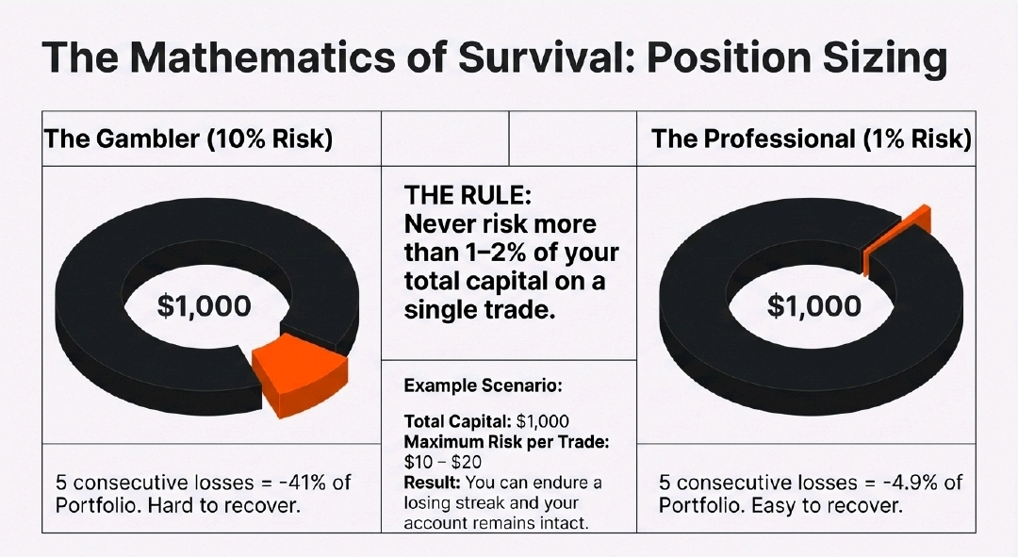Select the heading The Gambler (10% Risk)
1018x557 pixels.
[x=188, y=139]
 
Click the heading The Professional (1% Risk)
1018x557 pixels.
[x=812, y=139]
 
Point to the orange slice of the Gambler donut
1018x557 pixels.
[x=300, y=373]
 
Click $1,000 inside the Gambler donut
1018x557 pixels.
[x=204, y=305]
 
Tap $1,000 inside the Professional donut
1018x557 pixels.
[x=814, y=305]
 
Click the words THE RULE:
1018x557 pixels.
[x=468, y=195]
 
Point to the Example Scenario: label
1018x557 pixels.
[x=483, y=385]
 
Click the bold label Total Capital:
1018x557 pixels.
[x=457, y=421]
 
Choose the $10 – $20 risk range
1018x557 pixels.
[x=443, y=462]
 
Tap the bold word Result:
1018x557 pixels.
[x=432, y=483]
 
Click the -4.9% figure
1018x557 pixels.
[x=908, y=483]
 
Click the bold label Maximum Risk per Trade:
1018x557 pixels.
[x=506, y=442]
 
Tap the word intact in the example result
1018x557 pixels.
[x=564, y=522]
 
